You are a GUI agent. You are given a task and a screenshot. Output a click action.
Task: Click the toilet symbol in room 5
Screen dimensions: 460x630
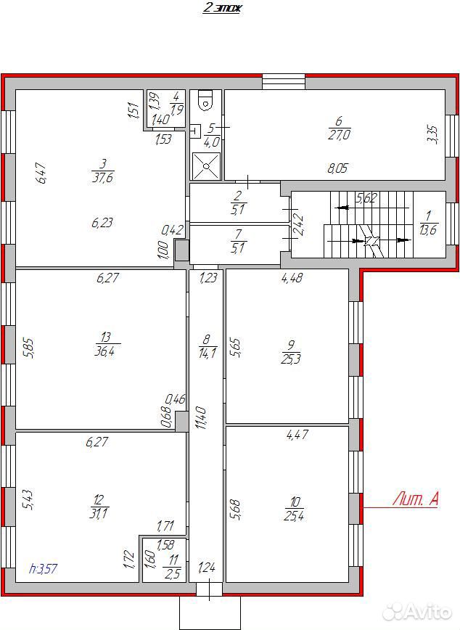pos(206,100)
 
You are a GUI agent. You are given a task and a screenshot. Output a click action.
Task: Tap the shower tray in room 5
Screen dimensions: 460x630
pos(206,166)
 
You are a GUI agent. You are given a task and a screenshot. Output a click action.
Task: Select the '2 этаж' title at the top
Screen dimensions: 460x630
pos(222,8)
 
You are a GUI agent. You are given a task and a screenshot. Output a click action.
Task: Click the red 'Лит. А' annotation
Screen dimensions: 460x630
pos(415,499)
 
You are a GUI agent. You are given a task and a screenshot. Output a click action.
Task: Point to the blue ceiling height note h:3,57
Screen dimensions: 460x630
pos(44,568)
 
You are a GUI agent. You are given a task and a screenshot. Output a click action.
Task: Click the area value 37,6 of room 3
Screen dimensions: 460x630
pos(102,177)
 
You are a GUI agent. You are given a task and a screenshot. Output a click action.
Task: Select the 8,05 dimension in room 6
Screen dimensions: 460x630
pos(337,168)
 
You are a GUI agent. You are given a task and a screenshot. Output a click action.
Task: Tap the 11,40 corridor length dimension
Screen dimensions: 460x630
pos(201,418)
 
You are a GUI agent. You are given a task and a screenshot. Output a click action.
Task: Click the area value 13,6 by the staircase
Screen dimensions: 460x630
pos(428,230)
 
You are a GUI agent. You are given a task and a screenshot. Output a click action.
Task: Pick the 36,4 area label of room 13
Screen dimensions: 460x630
pos(104,351)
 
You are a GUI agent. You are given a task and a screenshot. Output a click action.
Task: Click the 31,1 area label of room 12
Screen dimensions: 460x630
pos(99,513)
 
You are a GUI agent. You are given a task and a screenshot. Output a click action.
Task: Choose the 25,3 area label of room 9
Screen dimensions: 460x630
pos(291,359)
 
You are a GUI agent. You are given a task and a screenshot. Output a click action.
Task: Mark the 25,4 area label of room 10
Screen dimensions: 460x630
pos(294,515)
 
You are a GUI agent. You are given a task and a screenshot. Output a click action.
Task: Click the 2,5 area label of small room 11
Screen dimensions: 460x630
pos(173,573)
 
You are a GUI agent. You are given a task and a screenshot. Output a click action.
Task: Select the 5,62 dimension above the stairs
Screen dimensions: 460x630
pos(366,197)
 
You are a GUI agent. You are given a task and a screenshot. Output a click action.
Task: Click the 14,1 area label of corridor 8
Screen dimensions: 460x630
pos(208,353)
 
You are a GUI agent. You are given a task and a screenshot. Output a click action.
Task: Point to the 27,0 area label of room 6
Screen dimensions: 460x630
pos(339,134)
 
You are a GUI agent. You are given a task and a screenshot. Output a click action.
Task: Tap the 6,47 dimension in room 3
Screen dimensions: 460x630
pos(41,173)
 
